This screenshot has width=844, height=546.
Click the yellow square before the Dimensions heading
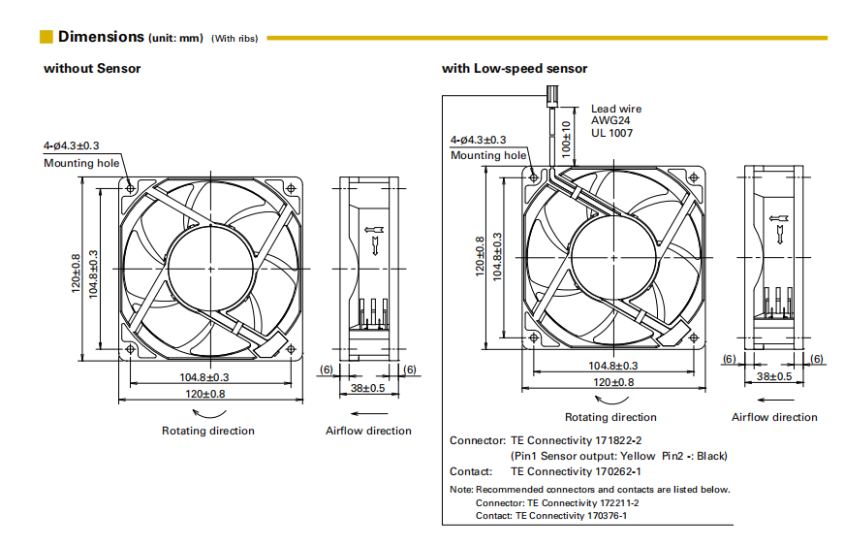pyautogui.click(x=46, y=37)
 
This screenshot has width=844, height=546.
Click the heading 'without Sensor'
pyautogui.click(x=92, y=68)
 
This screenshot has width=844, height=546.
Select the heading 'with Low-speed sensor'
pyautogui.click(x=515, y=68)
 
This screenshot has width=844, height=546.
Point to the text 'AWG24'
pyautogui.click(x=610, y=120)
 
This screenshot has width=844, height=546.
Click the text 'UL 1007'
pyautogui.click(x=612, y=133)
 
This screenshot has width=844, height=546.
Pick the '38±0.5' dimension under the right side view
pyautogui.click(x=774, y=375)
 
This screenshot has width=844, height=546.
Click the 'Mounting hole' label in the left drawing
pyautogui.click(x=81, y=163)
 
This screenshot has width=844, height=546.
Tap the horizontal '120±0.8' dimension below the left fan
pyautogui.click(x=205, y=394)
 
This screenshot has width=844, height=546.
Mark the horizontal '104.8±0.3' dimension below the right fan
pyautogui.click(x=613, y=366)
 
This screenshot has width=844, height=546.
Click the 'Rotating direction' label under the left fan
pyautogui.click(x=207, y=431)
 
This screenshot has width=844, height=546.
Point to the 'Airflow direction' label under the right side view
pyautogui.click(x=774, y=417)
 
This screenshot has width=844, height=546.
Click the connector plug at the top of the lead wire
pyautogui.click(x=553, y=94)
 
